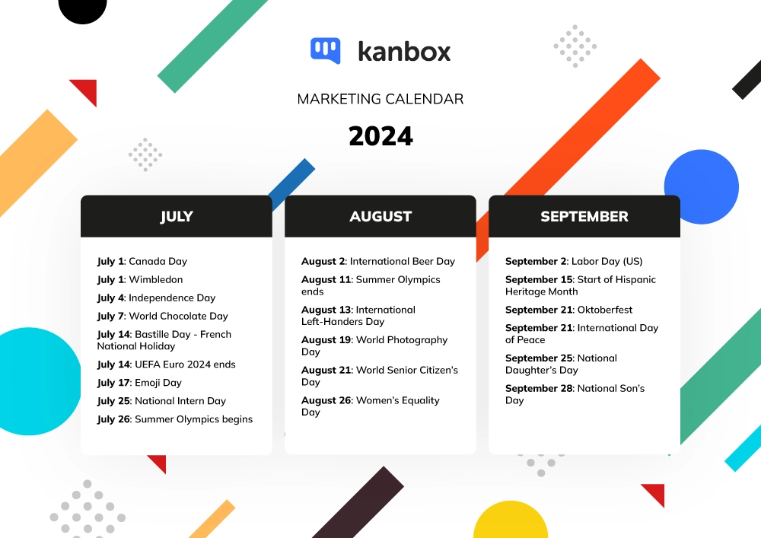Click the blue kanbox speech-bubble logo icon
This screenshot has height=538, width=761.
point(325,50)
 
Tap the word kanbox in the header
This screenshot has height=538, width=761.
point(404,52)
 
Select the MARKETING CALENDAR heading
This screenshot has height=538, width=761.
point(380,99)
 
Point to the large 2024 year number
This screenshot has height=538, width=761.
point(380,136)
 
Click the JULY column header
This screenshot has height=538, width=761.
point(177,216)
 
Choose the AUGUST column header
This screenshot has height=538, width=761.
point(380,216)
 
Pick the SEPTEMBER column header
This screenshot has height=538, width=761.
point(584,216)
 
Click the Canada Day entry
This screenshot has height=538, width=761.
point(142,262)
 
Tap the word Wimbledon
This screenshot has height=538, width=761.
point(156,279)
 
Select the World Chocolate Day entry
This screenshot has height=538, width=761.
point(163,317)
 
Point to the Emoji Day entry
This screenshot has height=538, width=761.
point(139,383)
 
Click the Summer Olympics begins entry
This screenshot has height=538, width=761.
point(175,419)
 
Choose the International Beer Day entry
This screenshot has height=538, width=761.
point(378,262)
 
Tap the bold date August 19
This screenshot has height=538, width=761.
point(326,340)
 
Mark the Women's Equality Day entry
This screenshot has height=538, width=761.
point(371,406)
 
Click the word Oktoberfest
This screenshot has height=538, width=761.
point(605,310)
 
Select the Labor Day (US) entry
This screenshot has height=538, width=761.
point(574,262)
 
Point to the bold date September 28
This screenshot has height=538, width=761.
point(540,389)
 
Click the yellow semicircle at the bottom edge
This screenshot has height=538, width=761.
point(511,520)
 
